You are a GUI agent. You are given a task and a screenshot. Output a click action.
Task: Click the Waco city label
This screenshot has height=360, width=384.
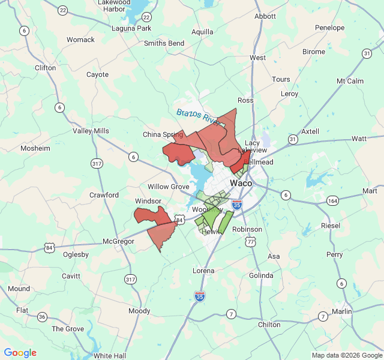[x=241, y=183]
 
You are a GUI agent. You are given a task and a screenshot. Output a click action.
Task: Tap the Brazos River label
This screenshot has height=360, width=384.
[x=197, y=115]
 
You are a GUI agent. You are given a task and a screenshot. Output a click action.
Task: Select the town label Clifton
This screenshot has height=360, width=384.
[x=46, y=68]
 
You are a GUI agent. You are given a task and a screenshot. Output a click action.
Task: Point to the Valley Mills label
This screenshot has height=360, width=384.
[x=91, y=131]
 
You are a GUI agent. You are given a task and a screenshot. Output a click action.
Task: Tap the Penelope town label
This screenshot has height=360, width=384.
[x=330, y=28]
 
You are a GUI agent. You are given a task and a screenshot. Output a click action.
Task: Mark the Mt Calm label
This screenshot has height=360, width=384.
[x=350, y=81]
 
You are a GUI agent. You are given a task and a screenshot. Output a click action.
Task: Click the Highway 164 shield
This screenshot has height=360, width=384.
[x=332, y=200]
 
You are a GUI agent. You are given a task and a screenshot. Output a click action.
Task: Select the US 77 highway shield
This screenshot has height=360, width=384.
[x=250, y=242]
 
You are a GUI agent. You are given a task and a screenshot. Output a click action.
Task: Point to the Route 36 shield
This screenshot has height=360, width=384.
[x=42, y=316]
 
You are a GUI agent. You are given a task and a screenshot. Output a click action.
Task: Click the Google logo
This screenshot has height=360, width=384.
[x=20, y=353]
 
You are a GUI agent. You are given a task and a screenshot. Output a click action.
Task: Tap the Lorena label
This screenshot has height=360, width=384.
[x=203, y=271]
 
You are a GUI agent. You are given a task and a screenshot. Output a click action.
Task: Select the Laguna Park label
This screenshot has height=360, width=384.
[x=131, y=28]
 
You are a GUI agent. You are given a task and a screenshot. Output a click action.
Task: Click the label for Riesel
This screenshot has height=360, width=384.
[x=331, y=226]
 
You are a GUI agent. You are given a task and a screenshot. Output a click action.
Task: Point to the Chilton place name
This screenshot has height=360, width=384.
[x=268, y=325]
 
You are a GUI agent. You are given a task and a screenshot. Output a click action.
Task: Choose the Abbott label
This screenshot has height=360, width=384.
[x=265, y=17]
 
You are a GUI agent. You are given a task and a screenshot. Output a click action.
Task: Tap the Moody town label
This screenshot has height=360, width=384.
[x=139, y=311]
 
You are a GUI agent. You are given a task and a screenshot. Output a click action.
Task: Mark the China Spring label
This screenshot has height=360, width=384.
[x=163, y=134]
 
